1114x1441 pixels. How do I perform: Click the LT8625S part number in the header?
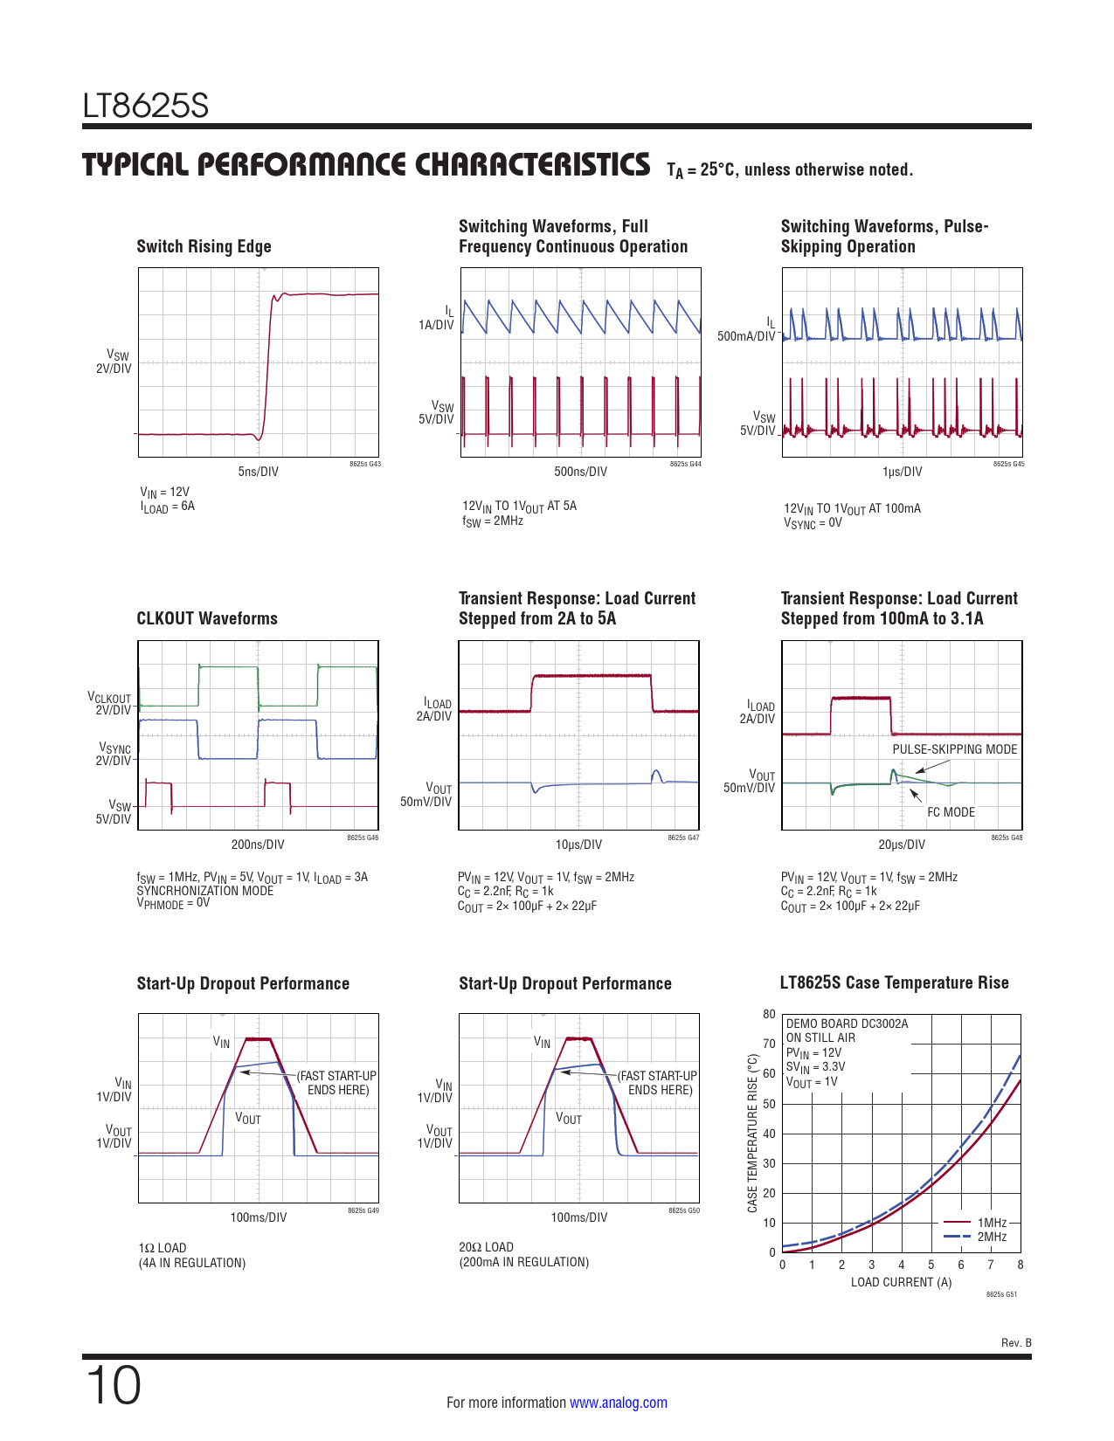click(x=146, y=107)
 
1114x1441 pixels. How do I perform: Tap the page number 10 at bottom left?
click(x=114, y=1385)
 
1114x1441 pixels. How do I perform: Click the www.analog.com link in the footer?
click(x=618, y=1403)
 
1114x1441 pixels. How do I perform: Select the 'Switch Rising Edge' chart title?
click(x=204, y=246)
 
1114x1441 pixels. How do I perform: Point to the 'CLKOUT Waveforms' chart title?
click(x=207, y=618)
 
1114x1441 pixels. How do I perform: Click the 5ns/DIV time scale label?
click(x=259, y=472)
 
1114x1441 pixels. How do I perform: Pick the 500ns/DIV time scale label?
click(x=580, y=472)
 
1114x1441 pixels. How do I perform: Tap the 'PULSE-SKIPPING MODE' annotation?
click(x=954, y=749)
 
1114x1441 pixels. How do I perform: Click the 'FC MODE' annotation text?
click(x=951, y=812)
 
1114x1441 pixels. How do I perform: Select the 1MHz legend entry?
click(x=992, y=1223)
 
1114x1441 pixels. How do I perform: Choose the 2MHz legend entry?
click(x=992, y=1237)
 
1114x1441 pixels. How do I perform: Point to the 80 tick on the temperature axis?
click(x=769, y=1014)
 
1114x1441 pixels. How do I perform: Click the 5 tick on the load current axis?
click(x=931, y=1265)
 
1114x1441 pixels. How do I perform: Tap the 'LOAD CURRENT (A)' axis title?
click(x=901, y=1282)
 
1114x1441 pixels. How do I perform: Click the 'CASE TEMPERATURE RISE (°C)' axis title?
click(x=752, y=1133)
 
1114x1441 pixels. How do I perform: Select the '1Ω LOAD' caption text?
click(x=163, y=1248)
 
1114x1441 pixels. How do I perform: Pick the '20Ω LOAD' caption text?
click(x=486, y=1247)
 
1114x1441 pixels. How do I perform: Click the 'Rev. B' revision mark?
click(x=1016, y=1342)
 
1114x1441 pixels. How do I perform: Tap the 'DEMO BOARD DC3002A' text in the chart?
click(x=847, y=1024)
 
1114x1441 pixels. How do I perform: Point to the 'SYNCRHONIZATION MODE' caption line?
click(x=204, y=891)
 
